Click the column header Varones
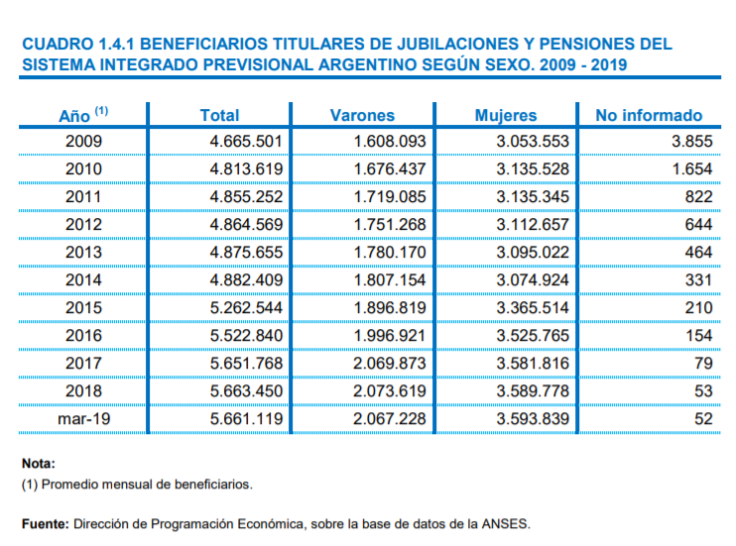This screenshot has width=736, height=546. pos(361,116)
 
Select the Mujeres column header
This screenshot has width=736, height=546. pos(505,116)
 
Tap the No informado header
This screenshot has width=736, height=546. pos(648,116)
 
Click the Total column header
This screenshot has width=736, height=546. pos(219,116)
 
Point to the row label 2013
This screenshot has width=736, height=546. pos(83,253)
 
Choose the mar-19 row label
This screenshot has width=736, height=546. pos(83,419)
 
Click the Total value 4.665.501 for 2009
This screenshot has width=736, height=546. pos(246,142)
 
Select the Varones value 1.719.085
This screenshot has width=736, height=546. pos(389,197)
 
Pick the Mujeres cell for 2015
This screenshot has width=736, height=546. pos(533,308)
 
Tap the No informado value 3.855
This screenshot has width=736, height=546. pos(691,142)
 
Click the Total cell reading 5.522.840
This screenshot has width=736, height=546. pos(246,336)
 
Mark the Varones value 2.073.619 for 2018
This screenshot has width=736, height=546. pos(389,391)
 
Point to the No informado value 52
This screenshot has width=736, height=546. pos(703,419)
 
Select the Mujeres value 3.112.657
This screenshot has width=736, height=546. pos(533,225)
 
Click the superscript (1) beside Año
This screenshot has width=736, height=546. pos(101,110)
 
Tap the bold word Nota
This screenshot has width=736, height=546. pos(39,464)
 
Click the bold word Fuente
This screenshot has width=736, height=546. pos(45,523)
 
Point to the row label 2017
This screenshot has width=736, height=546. pos(83,364)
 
